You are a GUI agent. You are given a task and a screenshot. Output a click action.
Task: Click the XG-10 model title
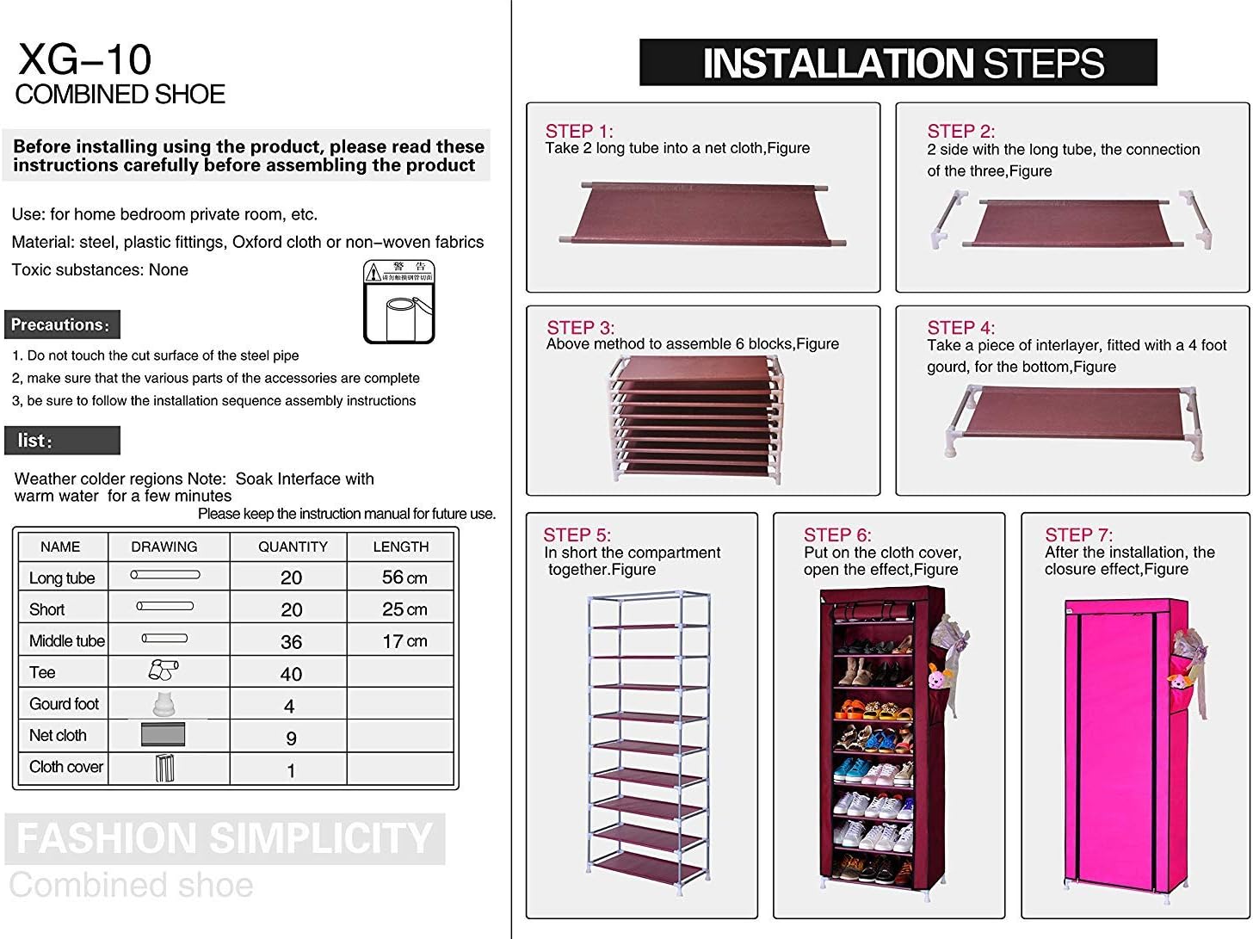coord(84,59)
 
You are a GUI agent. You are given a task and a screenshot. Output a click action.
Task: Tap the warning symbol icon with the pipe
coord(398,301)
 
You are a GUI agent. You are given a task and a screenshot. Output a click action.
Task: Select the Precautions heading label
coord(61,325)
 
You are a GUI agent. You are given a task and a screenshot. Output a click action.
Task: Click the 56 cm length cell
coord(404,578)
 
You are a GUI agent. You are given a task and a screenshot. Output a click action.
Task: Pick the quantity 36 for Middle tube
coord(291,642)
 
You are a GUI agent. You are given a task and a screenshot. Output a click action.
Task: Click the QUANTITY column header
coord(293,547)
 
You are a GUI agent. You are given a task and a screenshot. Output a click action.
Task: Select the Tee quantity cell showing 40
coord(291,674)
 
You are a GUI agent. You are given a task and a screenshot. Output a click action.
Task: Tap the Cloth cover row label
coord(65,767)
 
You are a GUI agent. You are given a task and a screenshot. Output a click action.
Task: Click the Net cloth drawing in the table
coord(164,736)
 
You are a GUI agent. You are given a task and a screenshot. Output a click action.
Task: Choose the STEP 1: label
coord(578,131)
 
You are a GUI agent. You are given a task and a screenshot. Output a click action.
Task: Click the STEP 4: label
coord(960,327)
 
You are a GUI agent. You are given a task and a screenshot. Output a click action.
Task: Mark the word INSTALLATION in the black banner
coord(837,64)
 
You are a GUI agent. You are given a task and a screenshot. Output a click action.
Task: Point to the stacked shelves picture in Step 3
coord(697,419)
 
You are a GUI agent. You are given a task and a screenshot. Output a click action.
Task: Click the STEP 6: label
coord(836,534)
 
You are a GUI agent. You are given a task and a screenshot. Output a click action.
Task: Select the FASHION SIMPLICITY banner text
coord(224,838)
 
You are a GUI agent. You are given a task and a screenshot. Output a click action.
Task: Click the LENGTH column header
coord(400,547)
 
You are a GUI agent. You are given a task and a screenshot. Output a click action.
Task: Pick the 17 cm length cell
coord(404,641)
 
